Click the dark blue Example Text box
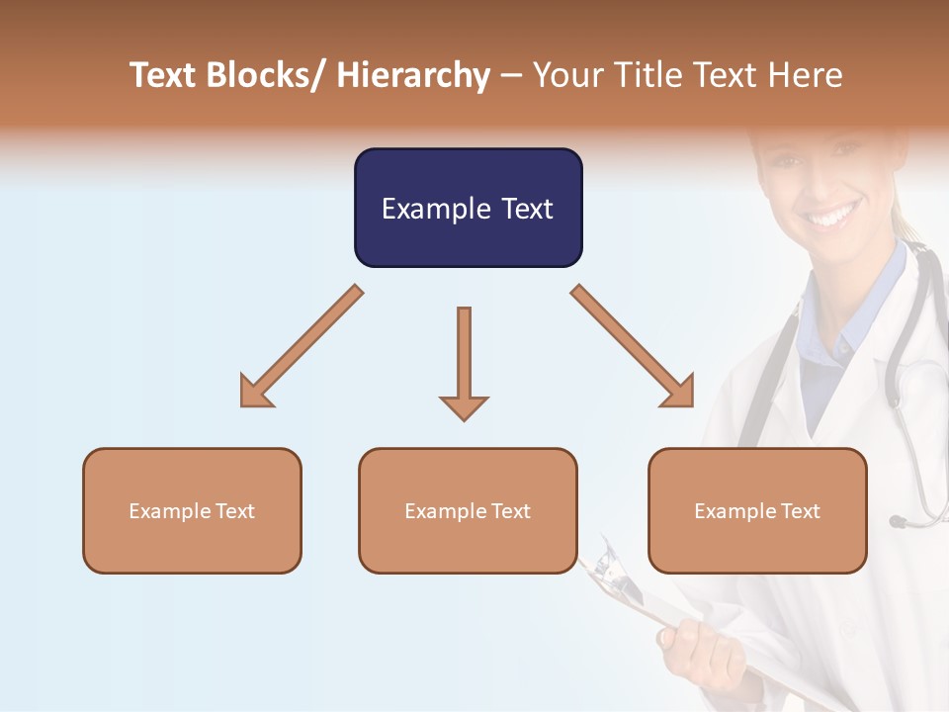pyautogui.click(x=468, y=208)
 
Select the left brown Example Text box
pyautogui.click(x=192, y=510)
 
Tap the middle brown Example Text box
pyautogui.click(x=468, y=510)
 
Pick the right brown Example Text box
pyautogui.click(x=757, y=510)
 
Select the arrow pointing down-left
pyautogui.click(x=301, y=347)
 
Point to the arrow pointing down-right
pyautogui.click(x=633, y=347)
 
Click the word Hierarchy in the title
pyautogui.click(x=413, y=75)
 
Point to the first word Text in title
pyautogui.click(x=163, y=75)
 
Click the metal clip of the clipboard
pyautogui.click(x=602, y=563)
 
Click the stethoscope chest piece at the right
pyautogui.click(x=899, y=520)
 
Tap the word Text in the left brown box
pyautogui.click(x=235, y=511)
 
